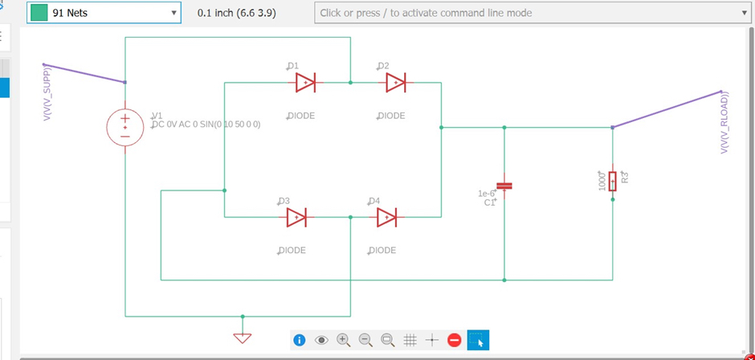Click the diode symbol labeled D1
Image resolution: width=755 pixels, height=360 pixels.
(x=305, y=82)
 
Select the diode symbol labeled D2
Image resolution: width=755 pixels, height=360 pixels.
(x=395, y=82)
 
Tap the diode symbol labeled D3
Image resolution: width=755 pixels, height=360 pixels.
(x=296, y=217)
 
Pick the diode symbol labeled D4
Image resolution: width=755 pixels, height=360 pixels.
(x=386, y=217)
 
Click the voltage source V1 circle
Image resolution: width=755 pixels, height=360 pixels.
(x=125, y=126)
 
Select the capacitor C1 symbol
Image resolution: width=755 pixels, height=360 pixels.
(x=504, y=186)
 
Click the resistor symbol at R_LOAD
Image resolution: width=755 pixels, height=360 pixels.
(x=612, y=180)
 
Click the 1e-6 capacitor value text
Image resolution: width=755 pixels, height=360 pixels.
(x=488, y=193)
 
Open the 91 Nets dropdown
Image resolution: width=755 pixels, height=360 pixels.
(x=104, y=14)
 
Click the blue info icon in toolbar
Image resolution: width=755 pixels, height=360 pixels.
(x=300, y=340)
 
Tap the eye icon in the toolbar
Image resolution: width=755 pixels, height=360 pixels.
(x=322, y=340)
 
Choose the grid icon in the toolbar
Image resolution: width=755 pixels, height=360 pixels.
(x=410, y=340)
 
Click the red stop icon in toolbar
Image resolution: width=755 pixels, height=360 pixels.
(x=454, y=340)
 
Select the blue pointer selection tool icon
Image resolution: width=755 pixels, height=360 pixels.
(x=478, y=340)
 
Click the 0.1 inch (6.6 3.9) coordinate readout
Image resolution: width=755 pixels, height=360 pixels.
(x=246, y=14)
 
